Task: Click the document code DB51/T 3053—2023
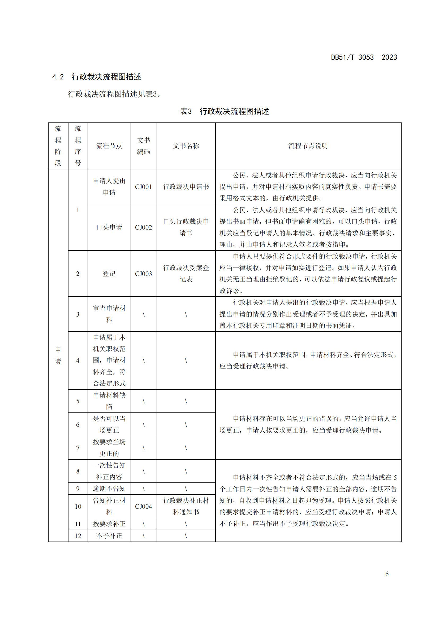click(x=364, y=57)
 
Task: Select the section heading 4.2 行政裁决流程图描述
click(x=97, y=77)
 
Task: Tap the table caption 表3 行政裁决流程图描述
click(x=224, y=111)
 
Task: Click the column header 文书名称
click(x=186, y=146)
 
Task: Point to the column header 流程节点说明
click(x=308, y=146)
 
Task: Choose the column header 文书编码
click(x=144, y=146)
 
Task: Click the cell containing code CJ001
click(x=144, y=187)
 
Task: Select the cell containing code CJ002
click(x=144, y=227)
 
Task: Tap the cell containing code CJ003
click(x=144, y=274)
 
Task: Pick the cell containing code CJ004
click(x=144, y=506)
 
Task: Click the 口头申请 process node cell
click(x=109, y=227)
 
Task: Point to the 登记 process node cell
click(x=109, y=274)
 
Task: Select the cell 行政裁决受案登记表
click(x=186, y=274)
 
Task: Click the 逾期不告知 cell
click(x=109, y=489)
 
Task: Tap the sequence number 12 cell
click(x=78, y=536)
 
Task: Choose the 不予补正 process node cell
click(x=109, y=536)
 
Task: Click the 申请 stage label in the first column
click(x=58, y=355)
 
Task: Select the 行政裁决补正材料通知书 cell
click(x=186, y=506)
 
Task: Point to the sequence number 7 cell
click(x=78, y=448)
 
